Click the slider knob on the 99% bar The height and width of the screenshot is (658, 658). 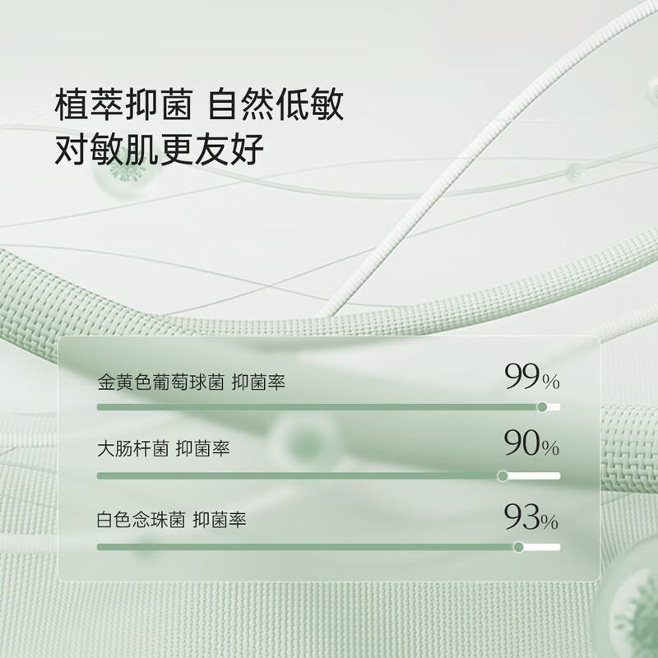[x=542, y=406]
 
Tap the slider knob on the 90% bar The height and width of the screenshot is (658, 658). [x=503, y=475]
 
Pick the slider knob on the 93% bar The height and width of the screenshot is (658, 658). [x=518, y=546]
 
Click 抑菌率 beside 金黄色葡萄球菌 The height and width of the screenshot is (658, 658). [x=258, y=383]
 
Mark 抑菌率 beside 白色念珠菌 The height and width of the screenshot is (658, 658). [x=220, y=521]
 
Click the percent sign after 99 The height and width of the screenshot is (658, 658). [x=551, y=382]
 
